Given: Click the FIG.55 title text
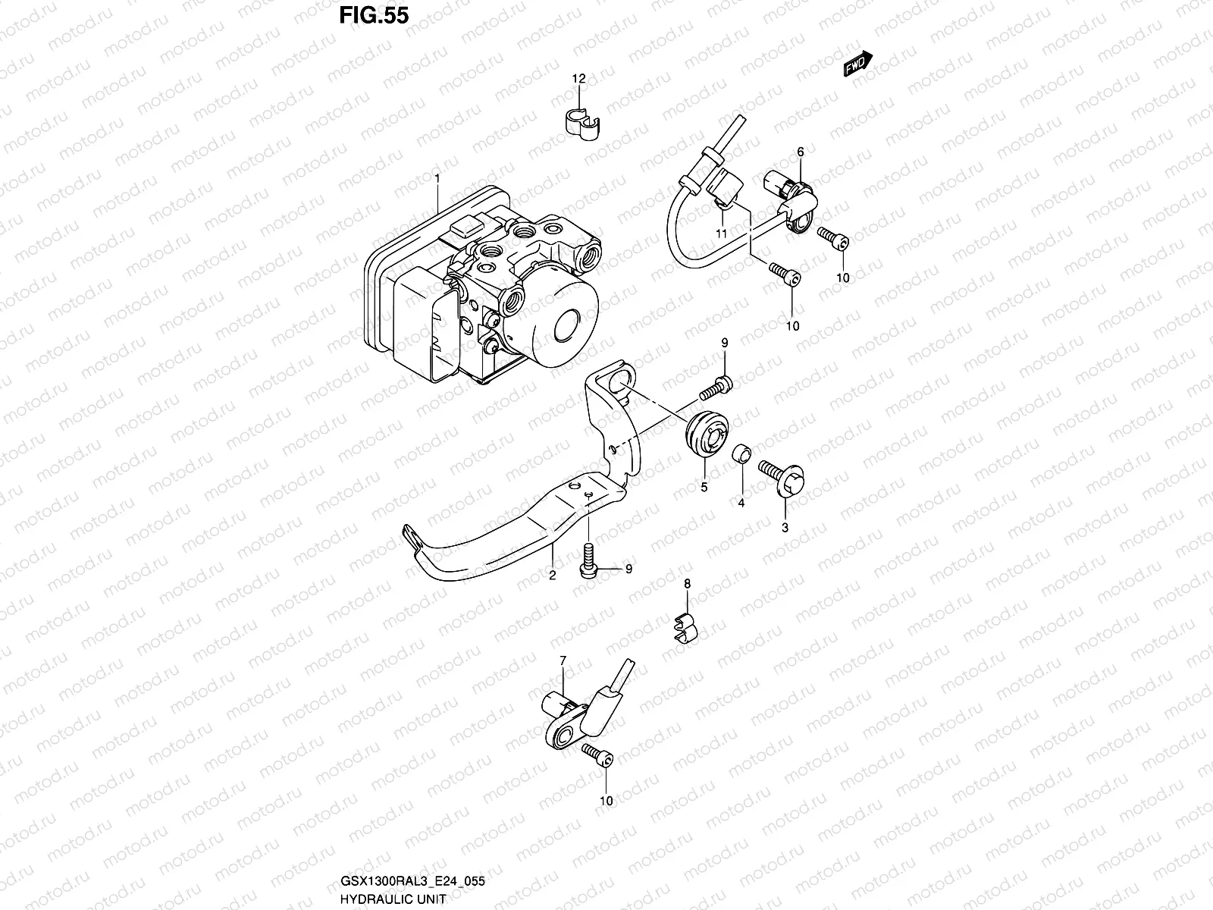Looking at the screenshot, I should (373, 16).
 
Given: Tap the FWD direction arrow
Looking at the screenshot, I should (858, 66).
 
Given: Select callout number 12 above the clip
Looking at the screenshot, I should (578, 79).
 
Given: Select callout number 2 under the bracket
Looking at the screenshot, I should (553, 575).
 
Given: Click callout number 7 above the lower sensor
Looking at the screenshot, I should (563, 661).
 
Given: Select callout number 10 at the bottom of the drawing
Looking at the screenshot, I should (606, 800).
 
